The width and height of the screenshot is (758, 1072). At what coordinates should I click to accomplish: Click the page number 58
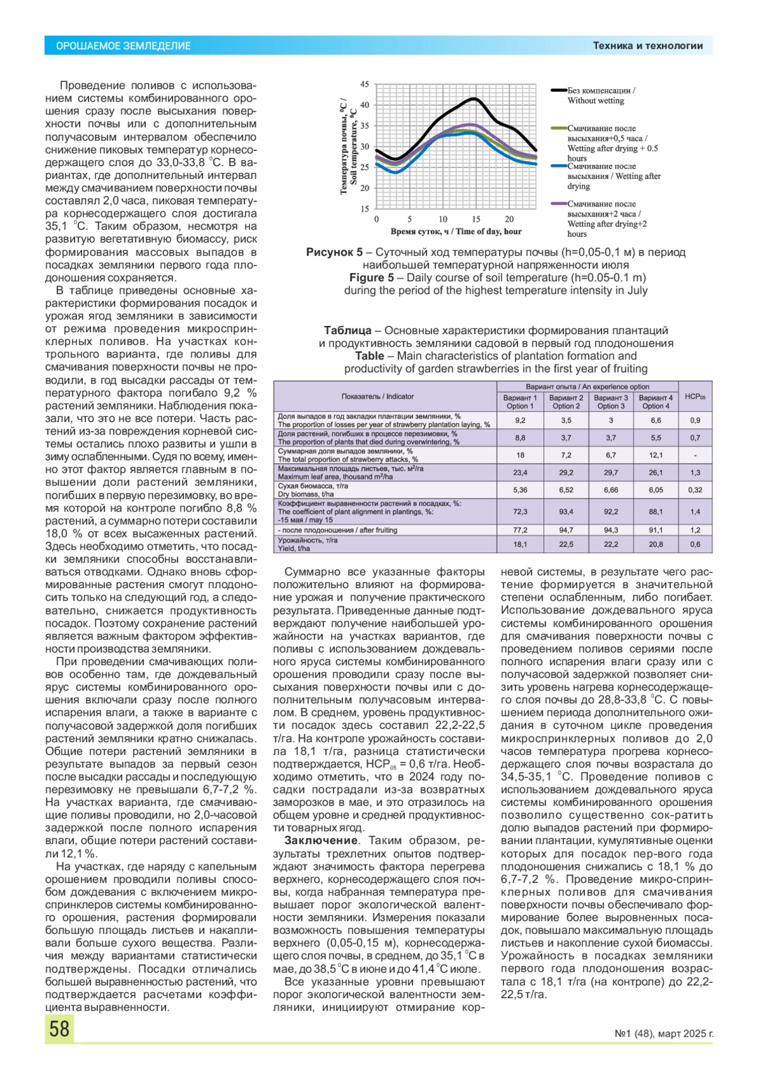59,1028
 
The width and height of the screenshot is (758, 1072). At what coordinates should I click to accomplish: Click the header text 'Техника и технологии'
647,45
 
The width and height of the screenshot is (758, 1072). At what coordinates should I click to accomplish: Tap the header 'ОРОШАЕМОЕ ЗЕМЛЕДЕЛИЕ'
123,46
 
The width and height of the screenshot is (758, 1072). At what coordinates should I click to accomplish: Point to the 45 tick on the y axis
364,84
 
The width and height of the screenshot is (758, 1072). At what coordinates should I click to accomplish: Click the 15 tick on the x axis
476,219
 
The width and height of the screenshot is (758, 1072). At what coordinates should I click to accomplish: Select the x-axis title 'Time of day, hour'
456,231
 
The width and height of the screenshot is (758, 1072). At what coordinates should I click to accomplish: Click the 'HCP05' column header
695,397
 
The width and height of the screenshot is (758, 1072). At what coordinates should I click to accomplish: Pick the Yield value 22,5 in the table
566,544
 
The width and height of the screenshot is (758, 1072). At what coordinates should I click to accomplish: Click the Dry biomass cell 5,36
520,490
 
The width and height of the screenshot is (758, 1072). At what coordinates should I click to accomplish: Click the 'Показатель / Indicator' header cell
377,397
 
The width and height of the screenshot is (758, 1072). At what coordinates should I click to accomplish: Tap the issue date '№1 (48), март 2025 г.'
664,1034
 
